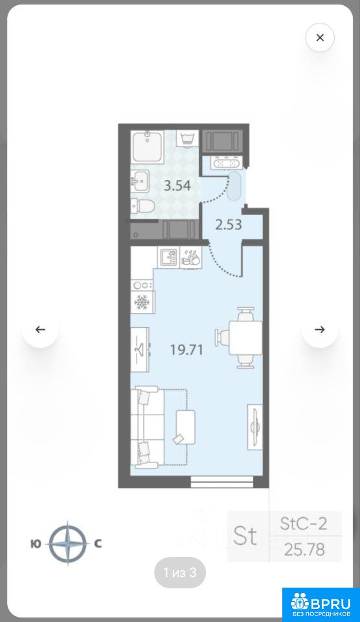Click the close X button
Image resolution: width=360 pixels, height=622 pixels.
[x=320, y=38]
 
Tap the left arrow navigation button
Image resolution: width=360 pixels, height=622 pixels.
[x=40, y=329]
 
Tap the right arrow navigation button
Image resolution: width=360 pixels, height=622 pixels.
[x=320, y=329]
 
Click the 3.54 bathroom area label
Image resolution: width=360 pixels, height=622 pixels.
[x=177, y=185]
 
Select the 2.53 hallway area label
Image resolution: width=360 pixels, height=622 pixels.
[x=229, y=225]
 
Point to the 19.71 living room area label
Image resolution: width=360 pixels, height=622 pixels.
[x=186, y=350]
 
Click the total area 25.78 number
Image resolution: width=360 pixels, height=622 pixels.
[x=304, y=549]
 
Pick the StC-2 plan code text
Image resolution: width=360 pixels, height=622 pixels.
[x=304, y=524]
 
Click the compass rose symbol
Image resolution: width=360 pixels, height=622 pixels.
[x=67, y=543]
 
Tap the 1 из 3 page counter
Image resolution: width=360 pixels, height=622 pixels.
[x=180, y=572]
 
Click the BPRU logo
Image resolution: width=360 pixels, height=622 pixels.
[x=321, y=604]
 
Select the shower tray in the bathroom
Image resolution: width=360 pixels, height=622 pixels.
[x=147, y=147]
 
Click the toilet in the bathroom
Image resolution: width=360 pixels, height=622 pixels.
[x=142, y=206]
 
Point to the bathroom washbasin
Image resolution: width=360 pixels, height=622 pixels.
[x=140, y=181]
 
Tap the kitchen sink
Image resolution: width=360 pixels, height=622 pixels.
[x=168, y=257]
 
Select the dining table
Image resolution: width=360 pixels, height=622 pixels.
[x=245, y=338]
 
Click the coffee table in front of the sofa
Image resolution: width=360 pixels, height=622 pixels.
[x=185, y=427]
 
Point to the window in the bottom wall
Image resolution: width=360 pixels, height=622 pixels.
[x=221, y=482]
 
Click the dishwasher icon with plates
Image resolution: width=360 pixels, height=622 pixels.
[x=191, y=257]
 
